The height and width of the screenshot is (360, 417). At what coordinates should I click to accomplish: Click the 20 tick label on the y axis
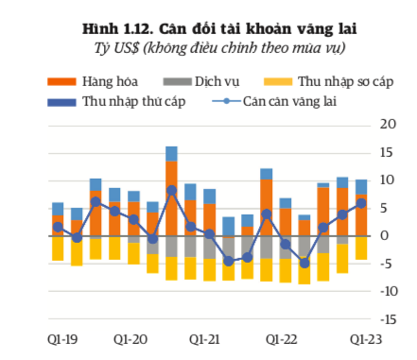click(388, 124)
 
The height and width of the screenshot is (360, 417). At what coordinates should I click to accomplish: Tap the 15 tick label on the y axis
click(388, 152)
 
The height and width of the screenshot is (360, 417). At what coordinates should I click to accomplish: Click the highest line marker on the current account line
click(171, 190)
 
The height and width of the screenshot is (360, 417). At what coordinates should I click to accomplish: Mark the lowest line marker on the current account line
click(304, 263)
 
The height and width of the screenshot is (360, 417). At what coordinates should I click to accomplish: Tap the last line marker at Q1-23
click(361, 203)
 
